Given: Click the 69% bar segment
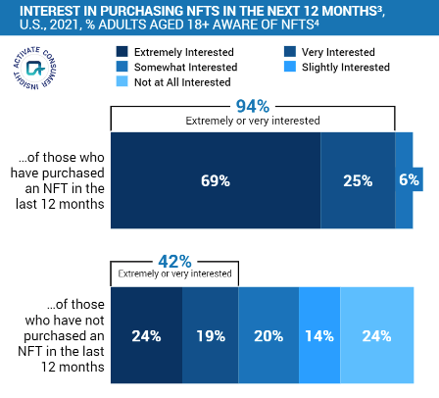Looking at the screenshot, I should (x=216, y=180).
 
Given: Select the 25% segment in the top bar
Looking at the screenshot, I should (x=358, y=180).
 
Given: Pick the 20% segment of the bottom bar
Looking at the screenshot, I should (x=268, y=334).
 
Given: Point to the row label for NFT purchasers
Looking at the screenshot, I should (x=57, y=180).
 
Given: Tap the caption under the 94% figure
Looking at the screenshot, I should (x=253, y=121).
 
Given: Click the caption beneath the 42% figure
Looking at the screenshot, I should (x=173, y=274).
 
